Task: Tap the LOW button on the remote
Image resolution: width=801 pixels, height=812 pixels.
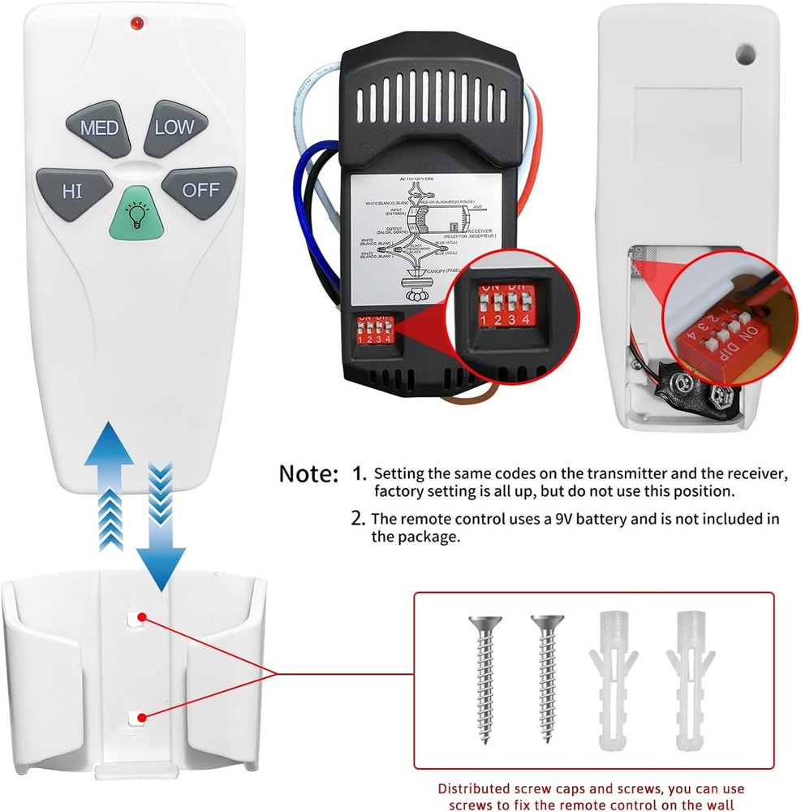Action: point(174,127)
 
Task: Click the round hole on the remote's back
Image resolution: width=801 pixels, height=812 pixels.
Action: point(745,54)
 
